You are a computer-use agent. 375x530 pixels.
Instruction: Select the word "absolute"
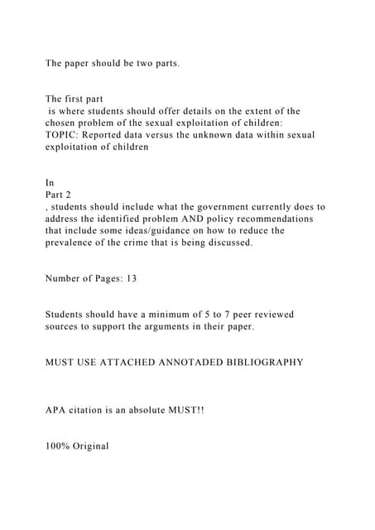(x=147, y=411)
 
